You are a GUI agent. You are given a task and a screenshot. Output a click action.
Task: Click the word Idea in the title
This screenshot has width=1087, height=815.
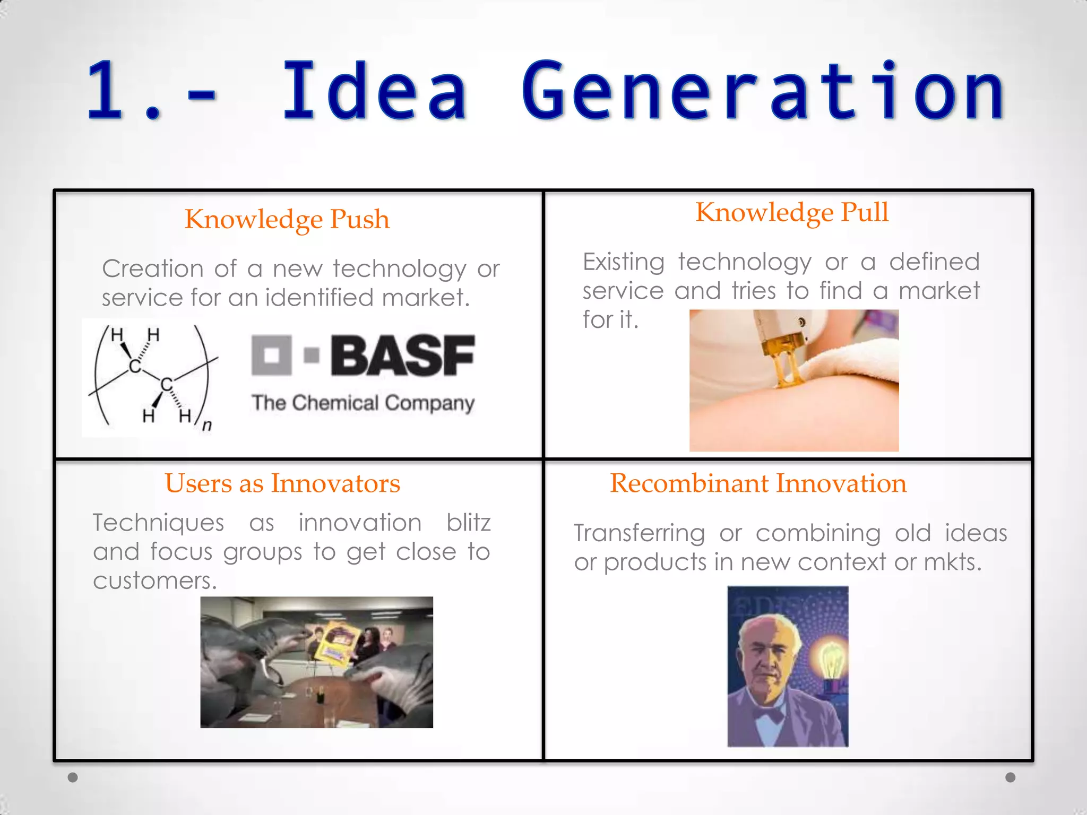(x=374, y=90)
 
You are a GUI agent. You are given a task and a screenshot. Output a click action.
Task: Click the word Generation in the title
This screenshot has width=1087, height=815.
(x=763, y=90)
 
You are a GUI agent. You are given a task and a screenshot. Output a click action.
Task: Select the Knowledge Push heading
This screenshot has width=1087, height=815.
(x=287, y=220)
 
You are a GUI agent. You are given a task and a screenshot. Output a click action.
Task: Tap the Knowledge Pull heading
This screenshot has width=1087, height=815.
(x=792, y=212)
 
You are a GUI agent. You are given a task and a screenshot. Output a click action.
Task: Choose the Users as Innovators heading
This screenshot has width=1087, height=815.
(x=282, y=483)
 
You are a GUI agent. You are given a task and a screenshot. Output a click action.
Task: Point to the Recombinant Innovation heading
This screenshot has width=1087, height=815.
(x=758, y=483)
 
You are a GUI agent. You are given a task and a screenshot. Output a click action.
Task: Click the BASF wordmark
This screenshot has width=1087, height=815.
(x=402, y=356)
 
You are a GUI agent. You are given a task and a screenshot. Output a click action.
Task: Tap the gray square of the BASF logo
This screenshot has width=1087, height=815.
(x=271, y=355)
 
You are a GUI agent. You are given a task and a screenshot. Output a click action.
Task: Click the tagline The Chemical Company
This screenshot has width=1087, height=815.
(x=363, y=403)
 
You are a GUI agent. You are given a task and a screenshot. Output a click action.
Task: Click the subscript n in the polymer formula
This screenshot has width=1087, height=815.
(x=207, y=425)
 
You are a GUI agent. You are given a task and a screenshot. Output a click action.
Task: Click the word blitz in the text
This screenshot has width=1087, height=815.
(x=468, y=523)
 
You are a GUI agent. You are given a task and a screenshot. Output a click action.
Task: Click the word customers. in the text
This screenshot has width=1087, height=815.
(x=155, y=581)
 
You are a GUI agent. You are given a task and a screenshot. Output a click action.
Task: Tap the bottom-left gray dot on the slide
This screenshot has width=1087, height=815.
(x=73, y=777)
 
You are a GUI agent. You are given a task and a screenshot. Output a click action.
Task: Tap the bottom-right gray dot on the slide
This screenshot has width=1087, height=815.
(x=1011, y=777)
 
